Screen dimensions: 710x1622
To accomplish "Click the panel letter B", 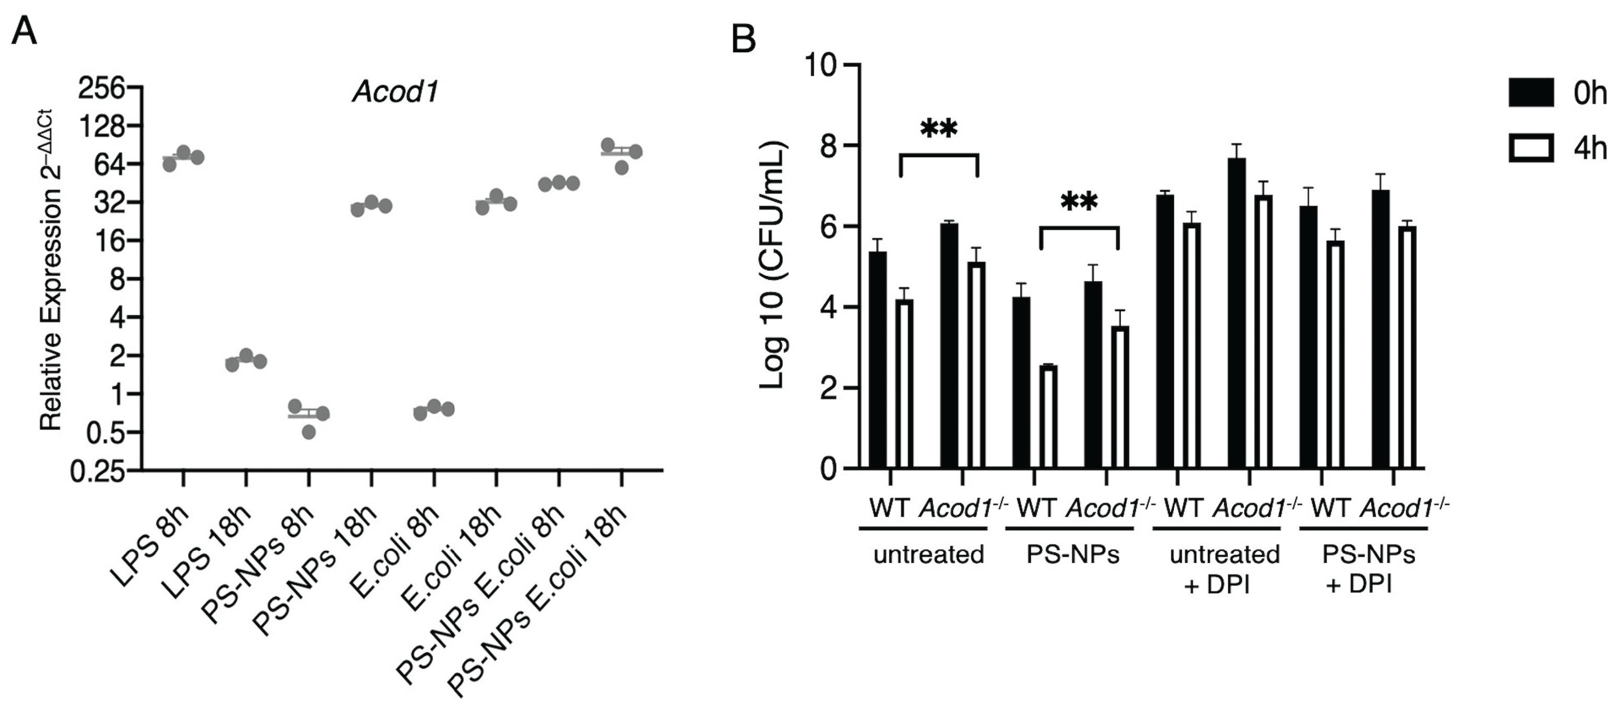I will [744, 40].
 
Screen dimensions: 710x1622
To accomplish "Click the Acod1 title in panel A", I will [395, 92].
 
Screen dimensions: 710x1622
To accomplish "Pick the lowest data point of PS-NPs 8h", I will [309, 432].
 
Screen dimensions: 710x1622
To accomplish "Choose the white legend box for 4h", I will [1530, 149].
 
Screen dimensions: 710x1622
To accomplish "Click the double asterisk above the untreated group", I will [938, 129].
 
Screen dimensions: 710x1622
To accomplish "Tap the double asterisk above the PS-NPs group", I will [1078, 202].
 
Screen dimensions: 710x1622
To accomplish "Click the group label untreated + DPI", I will [1225, 570].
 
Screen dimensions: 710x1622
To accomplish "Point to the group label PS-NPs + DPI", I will [1368, 570].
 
